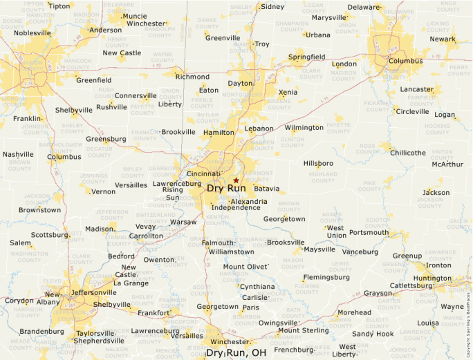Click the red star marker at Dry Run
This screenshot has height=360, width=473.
[x=236, y=180]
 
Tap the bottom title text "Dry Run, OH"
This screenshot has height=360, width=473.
[x=236, y=353]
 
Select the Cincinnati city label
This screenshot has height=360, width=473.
[x=203, y=174]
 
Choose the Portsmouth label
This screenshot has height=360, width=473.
[x=369, y=232]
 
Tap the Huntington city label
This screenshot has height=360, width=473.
[x=432, y=278]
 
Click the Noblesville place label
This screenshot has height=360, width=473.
[x=33, y=32]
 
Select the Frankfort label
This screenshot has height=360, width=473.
[x=154, y=313]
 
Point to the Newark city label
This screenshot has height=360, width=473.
[x=443, y=39]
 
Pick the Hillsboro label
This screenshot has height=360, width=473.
[x=318, y=163]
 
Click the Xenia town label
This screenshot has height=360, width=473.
[x=288, y=92]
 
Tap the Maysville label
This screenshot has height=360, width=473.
[x=319, y=249]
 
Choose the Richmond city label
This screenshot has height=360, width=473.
[x=192, y=77]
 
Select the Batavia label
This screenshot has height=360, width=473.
[x=266, y=188]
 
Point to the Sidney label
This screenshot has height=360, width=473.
[x=272, y=7]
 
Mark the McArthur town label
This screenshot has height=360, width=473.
[x=447, y=164]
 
